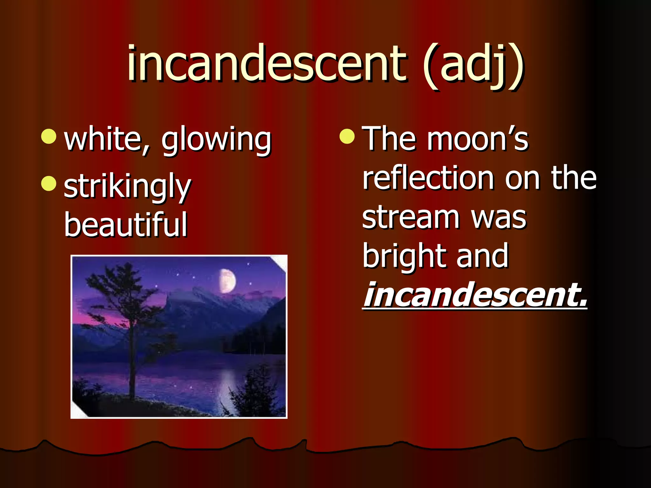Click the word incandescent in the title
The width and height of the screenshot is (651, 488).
266,64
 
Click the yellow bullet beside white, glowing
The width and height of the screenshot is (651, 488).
49,136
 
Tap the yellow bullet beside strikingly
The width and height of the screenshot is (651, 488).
49,183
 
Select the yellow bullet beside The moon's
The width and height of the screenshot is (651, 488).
347,136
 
